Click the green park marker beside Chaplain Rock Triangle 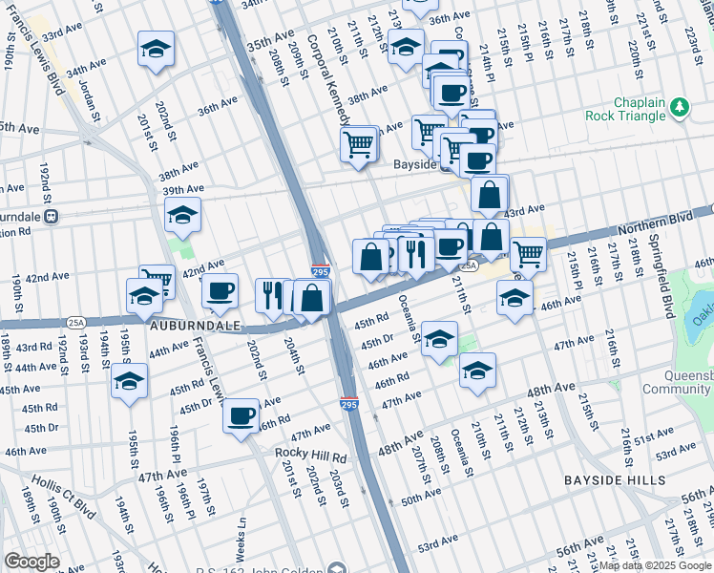click(x=680, y=108)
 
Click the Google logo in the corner click(x=31, y=562)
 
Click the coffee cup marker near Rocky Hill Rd click(x=241, y=415)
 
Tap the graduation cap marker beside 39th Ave click(x=181, y=216)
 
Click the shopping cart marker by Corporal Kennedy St click(x=359, y=145)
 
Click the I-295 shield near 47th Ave click(x=349, y=406)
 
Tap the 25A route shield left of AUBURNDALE click(x=77, y=322)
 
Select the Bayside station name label click(x=415, y=164)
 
